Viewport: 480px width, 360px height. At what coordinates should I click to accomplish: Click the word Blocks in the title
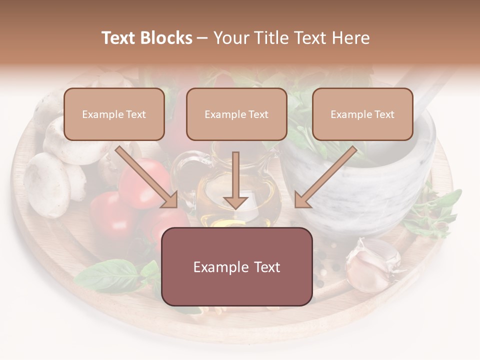tap(166, 38)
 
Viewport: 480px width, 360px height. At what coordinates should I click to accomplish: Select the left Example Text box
tap(114, 114)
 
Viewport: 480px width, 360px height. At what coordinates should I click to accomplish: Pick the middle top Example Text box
tap(236, 114)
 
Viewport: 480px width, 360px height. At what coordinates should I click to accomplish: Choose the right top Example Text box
tap(362, 114)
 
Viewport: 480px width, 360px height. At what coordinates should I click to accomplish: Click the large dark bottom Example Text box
tap(236, 266)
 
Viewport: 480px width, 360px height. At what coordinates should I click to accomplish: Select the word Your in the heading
tap(230, 38)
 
